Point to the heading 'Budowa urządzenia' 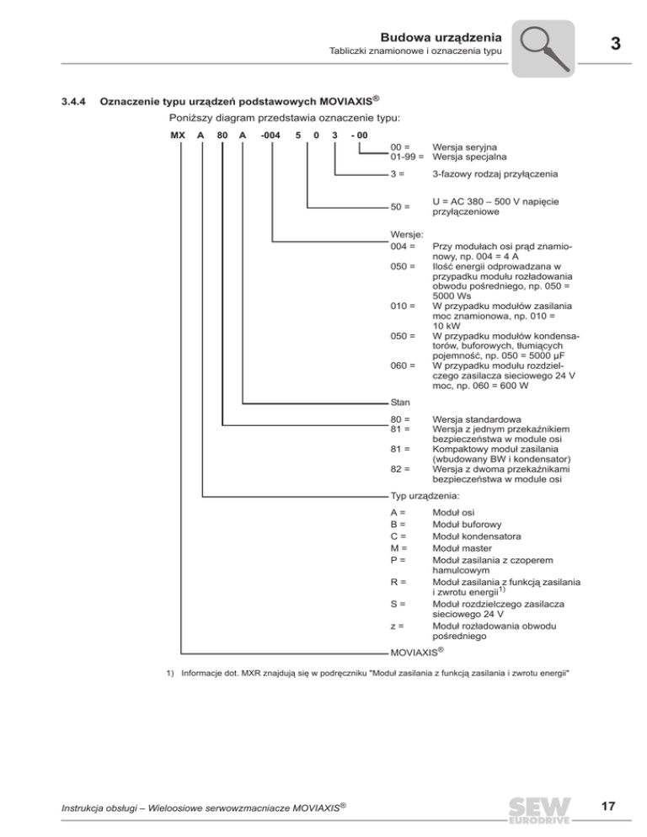pos(442,37)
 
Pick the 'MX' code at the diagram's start pos(178,134)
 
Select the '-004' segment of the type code pos(270,134)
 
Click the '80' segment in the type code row pos(222,134)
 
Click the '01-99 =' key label pos(408,157)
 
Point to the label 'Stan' pos(400,403)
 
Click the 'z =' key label pos(396,626)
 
